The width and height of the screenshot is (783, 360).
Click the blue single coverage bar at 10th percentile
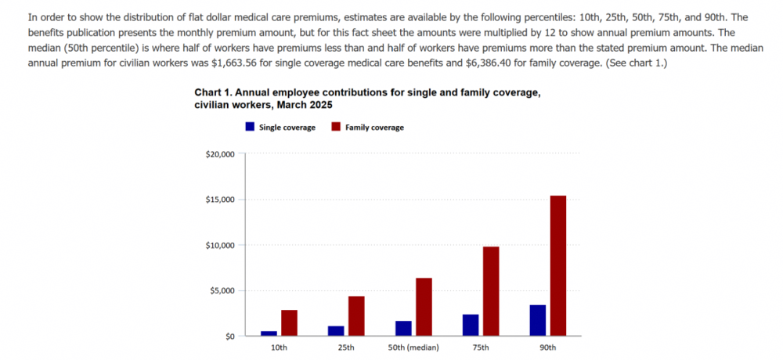pos(269,333)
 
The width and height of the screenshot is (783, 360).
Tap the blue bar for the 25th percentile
pos(336,330)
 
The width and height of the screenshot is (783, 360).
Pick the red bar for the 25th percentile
pos(356,316)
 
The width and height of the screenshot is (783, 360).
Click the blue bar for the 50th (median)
pos(403,328)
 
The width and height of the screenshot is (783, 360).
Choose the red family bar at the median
pos(424,307)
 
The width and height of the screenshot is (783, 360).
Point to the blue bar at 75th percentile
pos(471,325)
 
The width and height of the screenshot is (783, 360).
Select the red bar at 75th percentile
pos(491,291)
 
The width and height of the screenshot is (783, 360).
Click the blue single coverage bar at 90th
pos(538,320)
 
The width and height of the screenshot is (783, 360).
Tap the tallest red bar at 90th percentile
pos(558,266)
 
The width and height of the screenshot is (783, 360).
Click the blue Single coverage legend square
pos(250,126)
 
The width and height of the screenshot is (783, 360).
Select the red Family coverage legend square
pos(336,126)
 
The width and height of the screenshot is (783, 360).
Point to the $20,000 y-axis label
pos(218,154)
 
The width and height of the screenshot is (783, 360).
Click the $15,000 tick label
pos(218,200)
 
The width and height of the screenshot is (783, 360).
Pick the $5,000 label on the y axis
pos(221,290)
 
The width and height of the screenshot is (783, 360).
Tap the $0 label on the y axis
pos(227,336)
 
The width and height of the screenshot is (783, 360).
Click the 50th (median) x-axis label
pos(413,347)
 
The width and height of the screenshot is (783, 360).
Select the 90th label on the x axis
pos(548,347)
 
